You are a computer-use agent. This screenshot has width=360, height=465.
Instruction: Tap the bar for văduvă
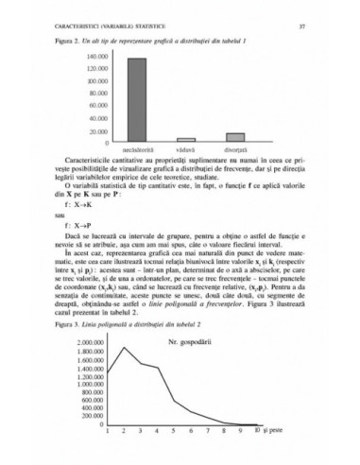(x=187, y=139)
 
